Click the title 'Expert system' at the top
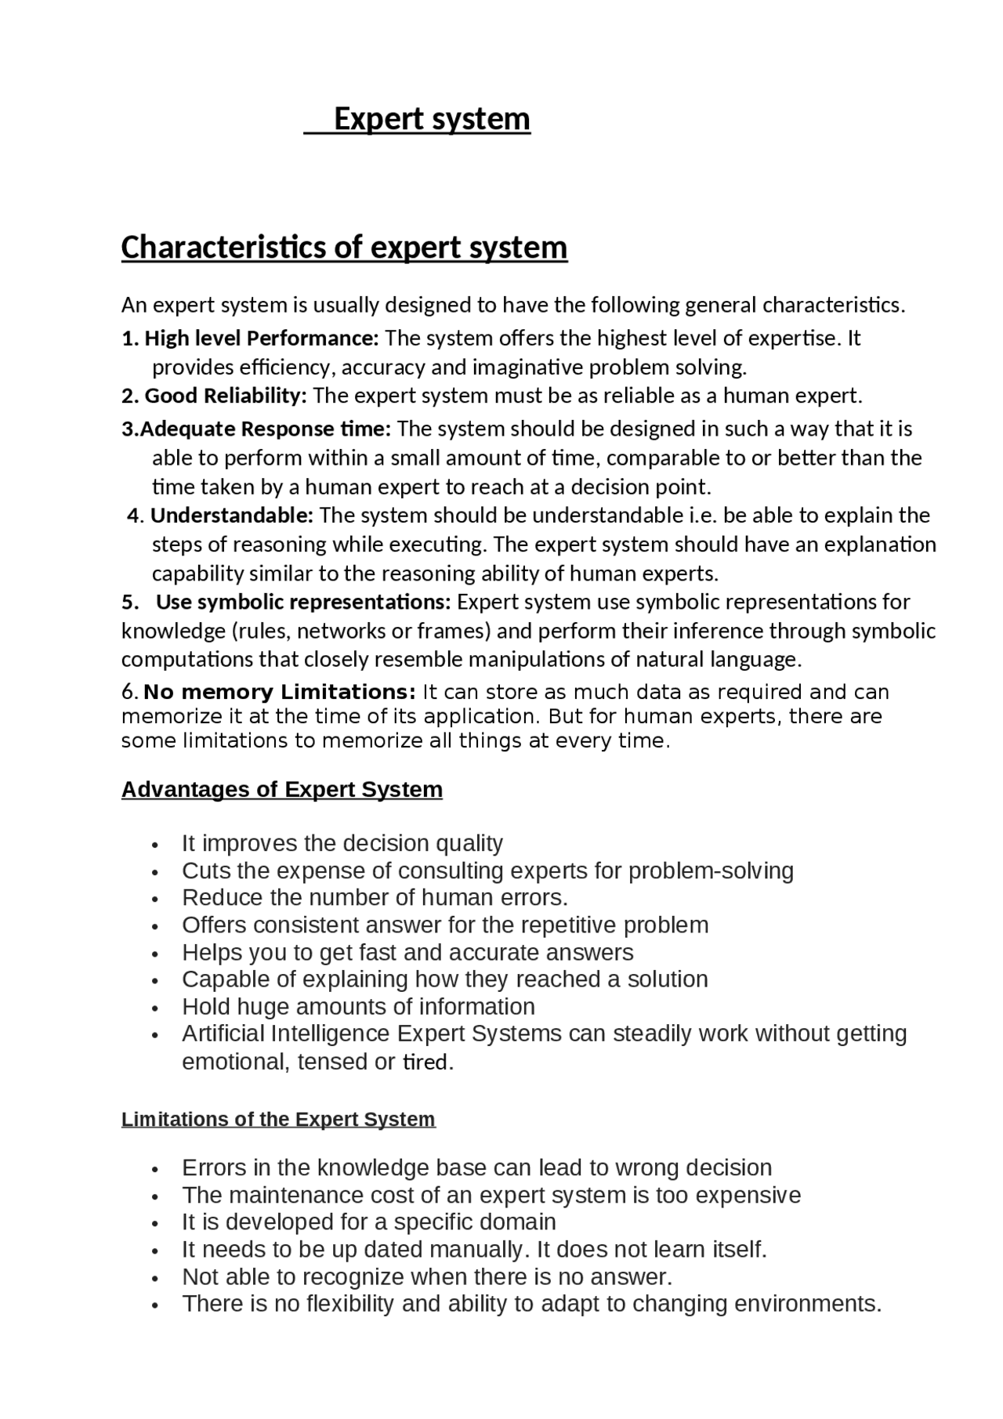(x=432, y=119)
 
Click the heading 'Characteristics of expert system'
(x=344, y=248)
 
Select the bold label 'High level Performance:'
(x=262, y=338)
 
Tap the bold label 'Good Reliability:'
(x=226, y=396)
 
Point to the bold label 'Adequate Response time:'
(x=266, y=429)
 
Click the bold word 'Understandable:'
(x=232, y=516)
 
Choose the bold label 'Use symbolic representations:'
(x=303, y=602)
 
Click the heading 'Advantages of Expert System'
(x=282, y=789)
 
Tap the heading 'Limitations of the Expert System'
(x=278, y=1119)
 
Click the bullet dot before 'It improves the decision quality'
(x=157, y=845)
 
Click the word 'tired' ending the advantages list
(x=425, y=1062)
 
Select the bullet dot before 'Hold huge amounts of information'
(x=157, y=1008)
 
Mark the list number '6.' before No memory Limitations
(x=130, y=693)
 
